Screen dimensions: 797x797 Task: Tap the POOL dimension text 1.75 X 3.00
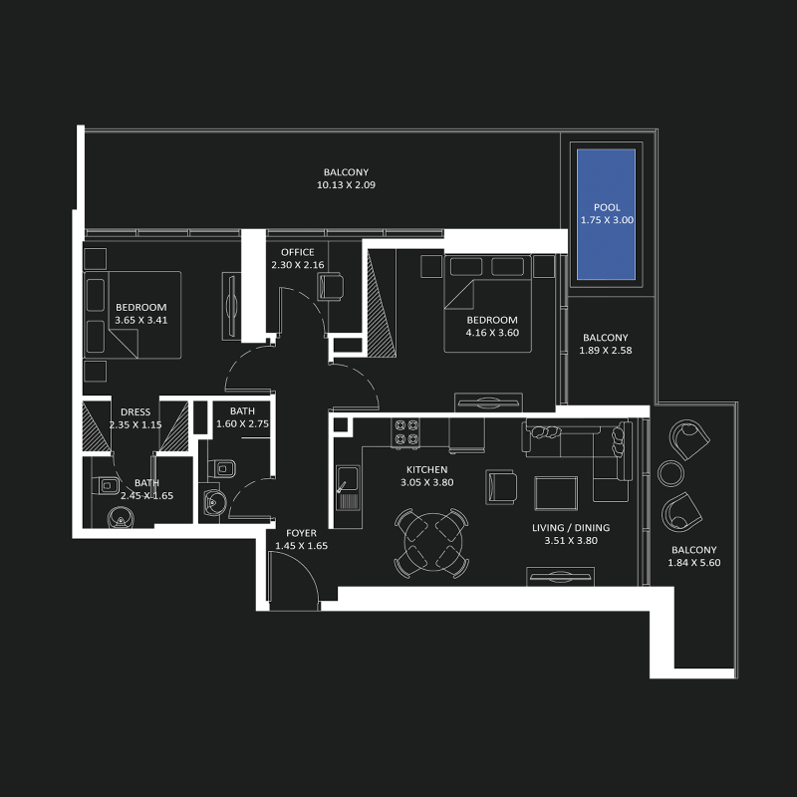click(x=603, y=220)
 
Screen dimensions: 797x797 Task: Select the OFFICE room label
click(x=297, y=252)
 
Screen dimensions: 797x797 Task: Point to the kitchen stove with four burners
click(x=406, y=430)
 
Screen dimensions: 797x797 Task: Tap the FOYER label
click(x=301, y=533)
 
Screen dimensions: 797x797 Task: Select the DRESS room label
click(x=135, y=412)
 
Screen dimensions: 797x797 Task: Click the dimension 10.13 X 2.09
click(x=346, y=185)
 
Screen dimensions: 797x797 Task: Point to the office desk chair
click(x=330, y=286)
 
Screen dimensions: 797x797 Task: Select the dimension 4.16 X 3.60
click(x=492, y=333)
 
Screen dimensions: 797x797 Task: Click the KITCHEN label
click(x=426, y=469)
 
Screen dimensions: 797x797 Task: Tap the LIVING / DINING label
click(x=577, y=528)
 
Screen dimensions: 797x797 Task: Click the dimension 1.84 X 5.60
click(x=693, y=563)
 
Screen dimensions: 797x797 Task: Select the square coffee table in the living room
click(x=555, y=493)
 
